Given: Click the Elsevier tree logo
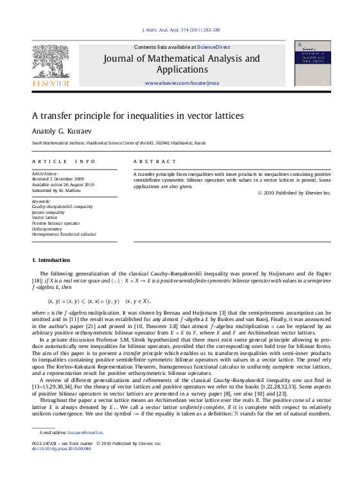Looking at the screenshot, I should coord(51,62).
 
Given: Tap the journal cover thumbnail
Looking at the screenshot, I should coord(313,64).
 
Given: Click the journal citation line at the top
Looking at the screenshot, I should coord(180,30).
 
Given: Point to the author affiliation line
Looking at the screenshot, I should coord(119,143).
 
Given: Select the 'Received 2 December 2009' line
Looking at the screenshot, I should coord(58,179).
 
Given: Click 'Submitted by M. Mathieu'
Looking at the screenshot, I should coord(56,190).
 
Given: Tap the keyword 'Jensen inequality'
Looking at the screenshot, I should coord(48,212).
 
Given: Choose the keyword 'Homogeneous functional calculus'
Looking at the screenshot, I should coord(64,234).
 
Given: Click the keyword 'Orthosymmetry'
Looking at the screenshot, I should coord(47,229).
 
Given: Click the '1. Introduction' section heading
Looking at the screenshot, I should coord(51,260).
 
